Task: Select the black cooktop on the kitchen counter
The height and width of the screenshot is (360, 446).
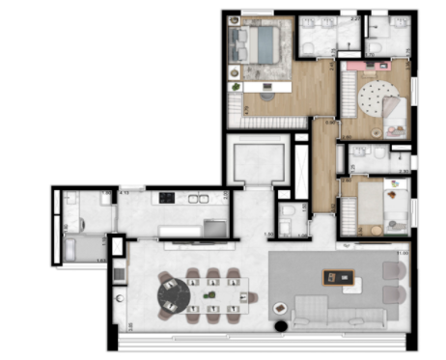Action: point(167,198)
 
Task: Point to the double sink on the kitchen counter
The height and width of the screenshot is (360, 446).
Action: point(199,198)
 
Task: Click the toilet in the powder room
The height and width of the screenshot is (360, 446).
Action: point(287,214)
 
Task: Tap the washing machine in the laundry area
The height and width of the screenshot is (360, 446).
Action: point(75,247)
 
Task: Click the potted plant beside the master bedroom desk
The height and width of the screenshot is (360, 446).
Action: point(235,88)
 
